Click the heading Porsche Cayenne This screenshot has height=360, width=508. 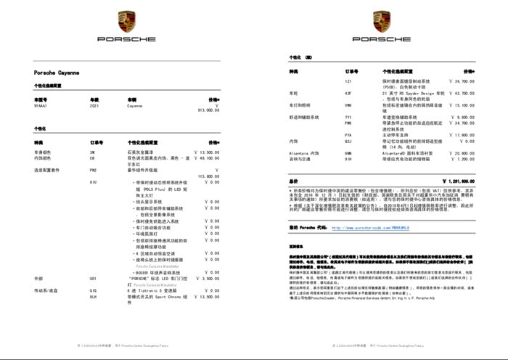coord(57,73)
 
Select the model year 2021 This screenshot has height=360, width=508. coord(94,106)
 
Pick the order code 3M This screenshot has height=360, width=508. coord(91,152)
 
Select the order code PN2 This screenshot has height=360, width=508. coord(93,170)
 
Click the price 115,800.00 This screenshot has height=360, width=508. coord(208,176)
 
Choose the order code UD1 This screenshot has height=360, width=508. coord(93,278)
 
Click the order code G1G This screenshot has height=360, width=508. coord(93,290)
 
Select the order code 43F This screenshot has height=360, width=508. coord(348,93)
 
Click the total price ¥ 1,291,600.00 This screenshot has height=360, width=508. coord(453,181)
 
